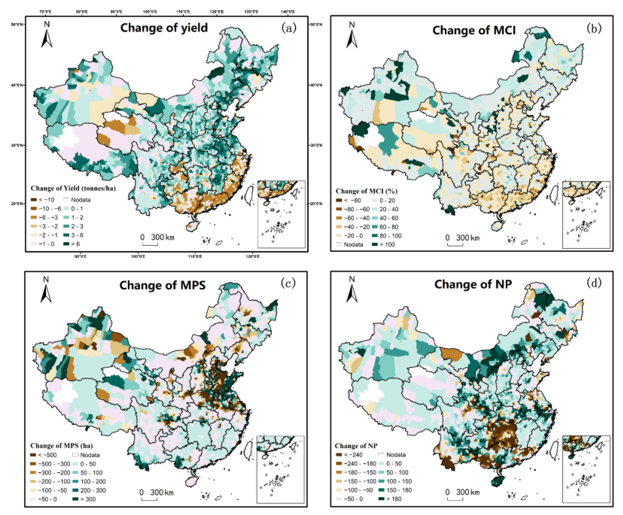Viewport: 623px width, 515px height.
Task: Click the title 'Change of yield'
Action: [x=164, y=28]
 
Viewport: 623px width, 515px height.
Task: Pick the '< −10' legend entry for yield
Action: [x=43, y=200]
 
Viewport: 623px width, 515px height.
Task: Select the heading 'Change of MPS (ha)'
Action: [x=61, y=446]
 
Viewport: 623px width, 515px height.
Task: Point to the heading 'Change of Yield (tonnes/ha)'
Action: [x=73, y=188]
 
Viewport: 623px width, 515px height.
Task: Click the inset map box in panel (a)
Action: [x=281, y=214]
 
